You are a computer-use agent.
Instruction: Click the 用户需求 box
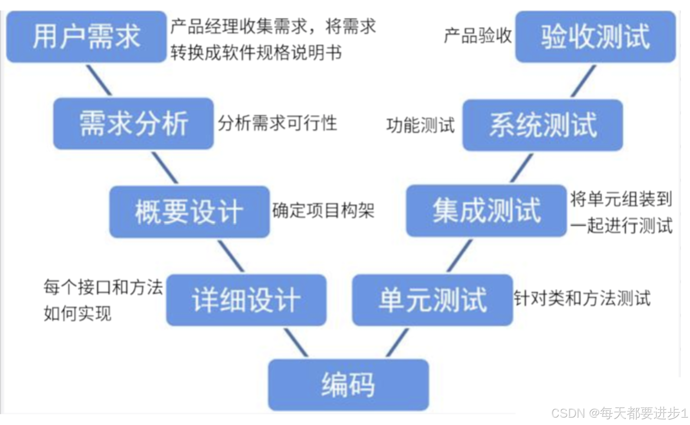click(86, 36)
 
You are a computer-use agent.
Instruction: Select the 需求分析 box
click(133, 124)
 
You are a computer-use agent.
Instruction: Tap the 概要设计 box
click(189, 212)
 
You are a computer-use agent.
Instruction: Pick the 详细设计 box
click(246, 300)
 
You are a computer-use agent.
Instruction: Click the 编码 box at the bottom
click(348, 385)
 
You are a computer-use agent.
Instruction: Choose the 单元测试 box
click(432, 300)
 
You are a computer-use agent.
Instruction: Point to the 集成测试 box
click(486, 211)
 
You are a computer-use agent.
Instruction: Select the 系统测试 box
click(542, 125)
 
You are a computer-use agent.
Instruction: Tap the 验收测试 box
click(595, 36)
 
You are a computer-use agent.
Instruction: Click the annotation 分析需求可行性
click(277, 123)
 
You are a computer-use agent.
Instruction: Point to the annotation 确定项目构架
click(323, 211)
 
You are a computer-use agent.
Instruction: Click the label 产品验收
click(478, 36)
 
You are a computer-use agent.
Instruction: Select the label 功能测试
click(420, 125)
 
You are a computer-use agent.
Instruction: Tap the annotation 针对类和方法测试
click(582, 298)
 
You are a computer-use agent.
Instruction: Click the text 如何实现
click(78, 313)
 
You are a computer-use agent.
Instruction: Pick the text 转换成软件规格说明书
click(256, 53)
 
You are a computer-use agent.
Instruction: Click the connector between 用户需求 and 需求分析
click(99, 80)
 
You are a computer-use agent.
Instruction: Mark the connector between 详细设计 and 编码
click(296, 342)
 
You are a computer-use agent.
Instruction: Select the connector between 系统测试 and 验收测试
click(583, 81)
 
